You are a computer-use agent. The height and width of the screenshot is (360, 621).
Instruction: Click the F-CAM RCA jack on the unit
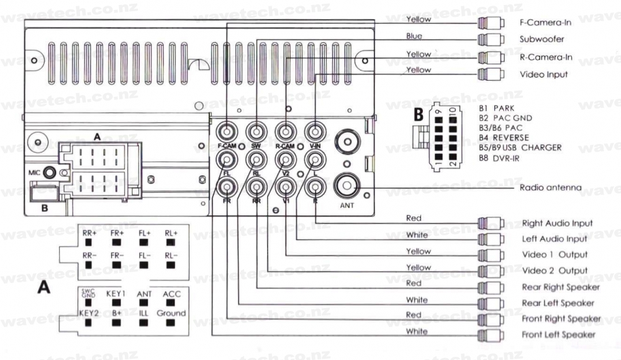pos(228,132)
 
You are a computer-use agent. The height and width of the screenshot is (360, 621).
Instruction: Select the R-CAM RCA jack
pos(285,132)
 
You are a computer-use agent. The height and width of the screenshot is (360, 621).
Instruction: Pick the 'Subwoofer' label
pos(542,39)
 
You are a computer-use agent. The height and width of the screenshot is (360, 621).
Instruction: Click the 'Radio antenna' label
pos(550,187)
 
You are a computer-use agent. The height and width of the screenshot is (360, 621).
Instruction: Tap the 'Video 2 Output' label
pos(555,271)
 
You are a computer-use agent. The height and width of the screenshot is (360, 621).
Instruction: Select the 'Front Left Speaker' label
pos(558,335)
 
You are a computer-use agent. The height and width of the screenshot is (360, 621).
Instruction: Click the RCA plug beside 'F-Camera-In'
pos(491,23)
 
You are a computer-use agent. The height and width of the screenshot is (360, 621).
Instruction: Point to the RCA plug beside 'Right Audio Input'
pos(491,223)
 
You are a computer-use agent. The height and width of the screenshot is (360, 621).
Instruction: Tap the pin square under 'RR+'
pos(88,243)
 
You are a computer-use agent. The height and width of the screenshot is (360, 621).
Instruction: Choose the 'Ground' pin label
pos(171,313)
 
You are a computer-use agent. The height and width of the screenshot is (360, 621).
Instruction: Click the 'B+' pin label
pos(117,313)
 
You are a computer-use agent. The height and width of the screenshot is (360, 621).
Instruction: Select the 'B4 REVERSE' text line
pos(504,138)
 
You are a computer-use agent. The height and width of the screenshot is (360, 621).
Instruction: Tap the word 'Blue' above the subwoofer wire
pos(414,36)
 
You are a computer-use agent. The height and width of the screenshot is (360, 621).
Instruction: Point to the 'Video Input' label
pos(543,74)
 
